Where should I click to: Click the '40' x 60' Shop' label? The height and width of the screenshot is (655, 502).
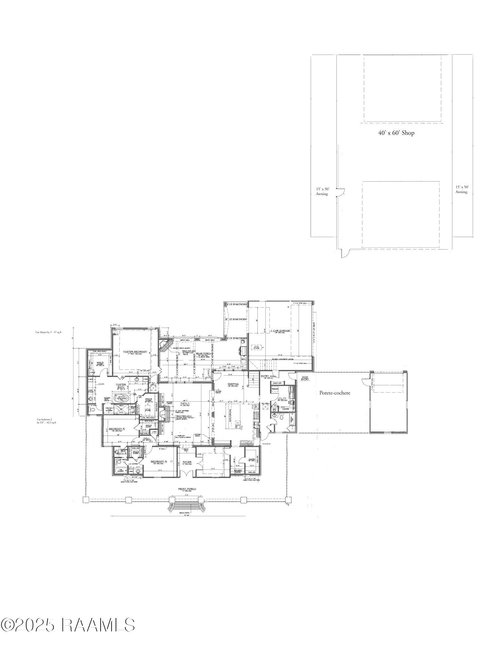click(396, 133)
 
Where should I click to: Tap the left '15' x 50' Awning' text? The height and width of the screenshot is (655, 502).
click(322, 191)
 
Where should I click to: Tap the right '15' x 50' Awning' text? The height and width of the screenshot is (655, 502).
click(462, 189)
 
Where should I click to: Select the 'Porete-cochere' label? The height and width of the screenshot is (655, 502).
click(335, 393)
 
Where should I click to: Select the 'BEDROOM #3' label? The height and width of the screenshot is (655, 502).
click(159, 462)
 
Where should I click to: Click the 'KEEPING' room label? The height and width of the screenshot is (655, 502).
click(233, 384)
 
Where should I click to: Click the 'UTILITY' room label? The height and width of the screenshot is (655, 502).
click(282, 398)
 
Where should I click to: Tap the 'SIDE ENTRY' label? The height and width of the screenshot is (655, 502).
click(305, 378)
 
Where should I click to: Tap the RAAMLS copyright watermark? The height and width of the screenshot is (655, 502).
click(68, 625)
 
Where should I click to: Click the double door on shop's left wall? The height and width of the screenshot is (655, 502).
click(341, 193)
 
